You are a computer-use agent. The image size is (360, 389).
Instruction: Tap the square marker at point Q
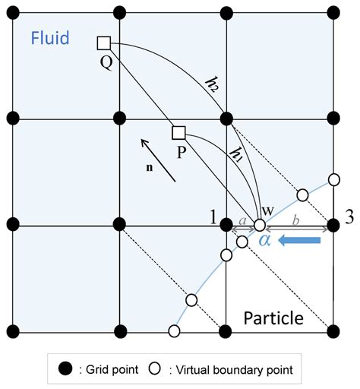point(105,43)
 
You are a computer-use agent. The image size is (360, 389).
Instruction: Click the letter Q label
point(106,62)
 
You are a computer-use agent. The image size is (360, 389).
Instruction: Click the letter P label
point(181,153)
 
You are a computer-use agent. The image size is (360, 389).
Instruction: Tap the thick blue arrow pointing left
point(301,242)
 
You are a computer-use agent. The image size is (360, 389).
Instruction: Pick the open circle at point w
point(260,226)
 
